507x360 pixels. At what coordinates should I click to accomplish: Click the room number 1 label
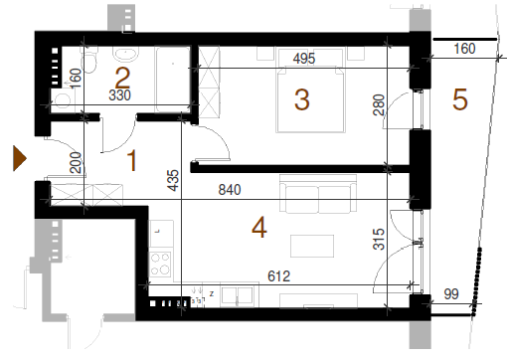(x=132, y=160)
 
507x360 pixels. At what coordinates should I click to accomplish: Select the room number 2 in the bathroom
(x=122, y=78)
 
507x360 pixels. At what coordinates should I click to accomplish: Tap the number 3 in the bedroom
(x=302, y=99)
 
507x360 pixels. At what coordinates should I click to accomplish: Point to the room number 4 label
(x=259, y=228)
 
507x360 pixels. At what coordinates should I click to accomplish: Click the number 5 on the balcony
(x=460, y=99)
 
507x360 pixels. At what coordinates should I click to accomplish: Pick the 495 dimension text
(x=304, y=59)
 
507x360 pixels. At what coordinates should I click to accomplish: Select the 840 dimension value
(x=230, y=190)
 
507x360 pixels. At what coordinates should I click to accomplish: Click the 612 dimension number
(x=278, y=276)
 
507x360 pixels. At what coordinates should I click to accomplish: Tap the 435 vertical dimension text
(x=173, y=180)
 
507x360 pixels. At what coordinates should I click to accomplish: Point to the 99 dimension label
(x=451, y=293)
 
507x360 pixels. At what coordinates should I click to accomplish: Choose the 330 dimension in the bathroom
(x=119, y=95)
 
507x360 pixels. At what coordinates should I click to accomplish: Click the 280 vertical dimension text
(x=379, y=104)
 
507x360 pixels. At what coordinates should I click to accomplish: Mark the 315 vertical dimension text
(x=379, y=239)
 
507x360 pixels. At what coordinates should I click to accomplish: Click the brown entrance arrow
(x=20, y=158)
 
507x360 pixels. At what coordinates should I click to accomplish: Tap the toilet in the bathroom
(x=89, y=59)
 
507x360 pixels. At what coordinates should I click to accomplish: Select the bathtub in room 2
(x=173, y=80)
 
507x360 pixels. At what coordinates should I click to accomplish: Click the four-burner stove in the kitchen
(x=160, y=265)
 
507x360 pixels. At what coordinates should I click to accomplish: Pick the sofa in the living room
(x=318, y=194)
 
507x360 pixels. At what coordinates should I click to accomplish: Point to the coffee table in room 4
(x=312, y=246)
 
